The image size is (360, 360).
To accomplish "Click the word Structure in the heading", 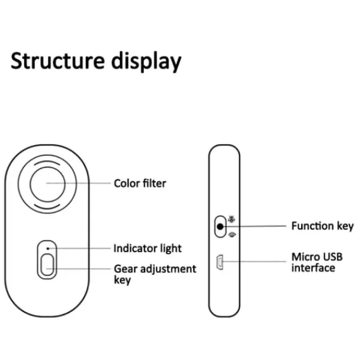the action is [x=58, y=61].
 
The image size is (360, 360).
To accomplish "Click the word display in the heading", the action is [x=146, y=62].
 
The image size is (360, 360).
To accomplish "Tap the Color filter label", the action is [x=140, y=183].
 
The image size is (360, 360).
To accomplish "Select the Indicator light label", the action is [x=148, y=248].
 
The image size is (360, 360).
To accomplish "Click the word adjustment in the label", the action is [x=168, y=269].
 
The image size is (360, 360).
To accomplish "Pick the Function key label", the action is [x=322, y=226].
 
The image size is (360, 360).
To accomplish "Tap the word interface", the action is [x=313, y=268].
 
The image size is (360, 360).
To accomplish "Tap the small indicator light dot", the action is [x=48, y=248].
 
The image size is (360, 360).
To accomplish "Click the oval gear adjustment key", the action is [x=47, y=265].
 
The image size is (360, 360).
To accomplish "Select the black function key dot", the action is [x=220, y=227].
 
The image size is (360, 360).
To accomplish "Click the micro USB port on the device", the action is [x=220, y=262].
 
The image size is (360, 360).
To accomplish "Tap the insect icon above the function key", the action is [x=232, y=219].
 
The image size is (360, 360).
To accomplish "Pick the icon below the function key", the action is [x=232, y=235].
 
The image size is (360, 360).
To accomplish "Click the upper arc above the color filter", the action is [x=47, y=161].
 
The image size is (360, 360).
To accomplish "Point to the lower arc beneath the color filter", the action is [x=47, y=208].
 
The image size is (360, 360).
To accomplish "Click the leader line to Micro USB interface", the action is [x=254, y=262].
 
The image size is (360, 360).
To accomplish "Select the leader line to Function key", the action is [x=254, y=226].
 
